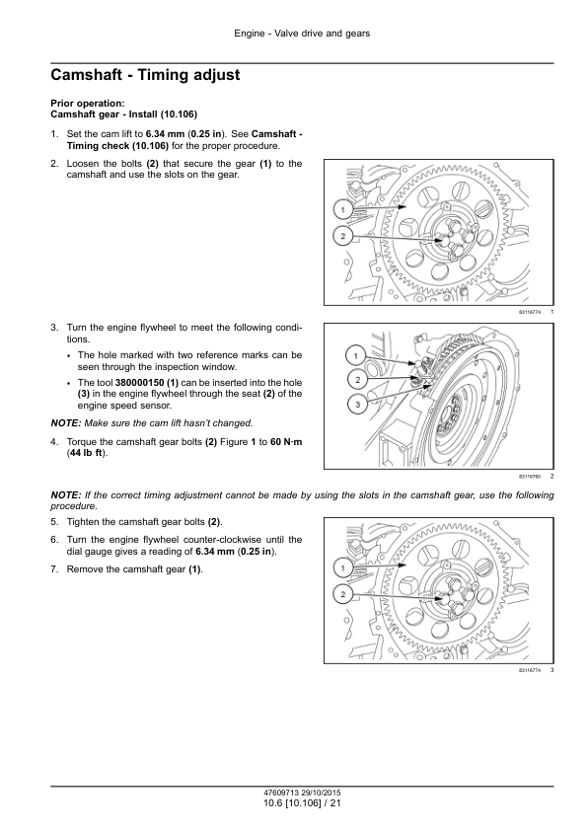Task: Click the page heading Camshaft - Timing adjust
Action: pos(145,75)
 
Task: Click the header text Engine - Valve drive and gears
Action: pos(302,34)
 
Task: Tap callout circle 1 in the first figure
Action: pos(342,210)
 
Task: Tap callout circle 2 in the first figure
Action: pos(342,236)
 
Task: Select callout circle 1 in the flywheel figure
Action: pos(356,355)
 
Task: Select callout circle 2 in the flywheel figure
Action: pos(357,379)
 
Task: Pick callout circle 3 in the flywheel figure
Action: pos(357,405)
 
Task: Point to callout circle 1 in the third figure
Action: pos(342,568)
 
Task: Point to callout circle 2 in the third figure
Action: pos(342,594)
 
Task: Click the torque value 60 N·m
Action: pos(286,442)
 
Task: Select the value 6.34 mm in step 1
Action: pos(166,134)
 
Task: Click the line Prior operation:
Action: pos(88,104)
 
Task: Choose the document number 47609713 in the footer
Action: pos(281,793)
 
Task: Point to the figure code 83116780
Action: pos(530,477)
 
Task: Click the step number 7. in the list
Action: pos(54,569)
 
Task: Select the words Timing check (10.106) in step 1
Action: pos(117,146)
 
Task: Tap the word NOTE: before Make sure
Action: pos(66,423)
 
